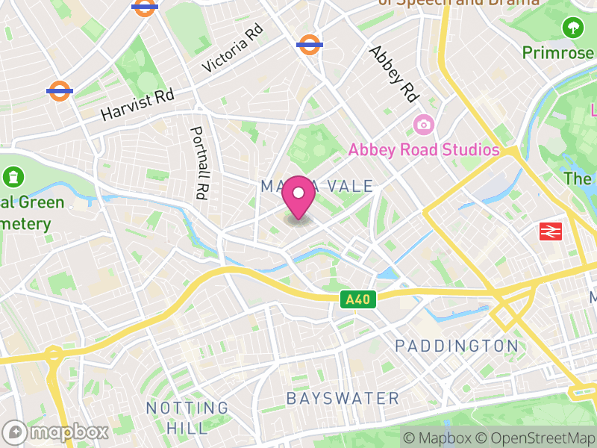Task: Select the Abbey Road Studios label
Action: coord(423,150)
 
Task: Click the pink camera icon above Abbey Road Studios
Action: coord(423,123)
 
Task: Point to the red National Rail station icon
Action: coord(550,232)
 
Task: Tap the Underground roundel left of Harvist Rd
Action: coord(59,90)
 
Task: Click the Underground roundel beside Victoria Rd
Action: coord(309,44)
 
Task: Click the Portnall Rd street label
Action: coord(199,162)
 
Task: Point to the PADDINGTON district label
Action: coord(456,346)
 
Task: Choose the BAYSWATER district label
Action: coord(343,398)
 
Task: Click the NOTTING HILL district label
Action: coord(187,417)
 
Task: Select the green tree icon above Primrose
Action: coord(573,28)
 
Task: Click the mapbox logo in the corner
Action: coord(56,432)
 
